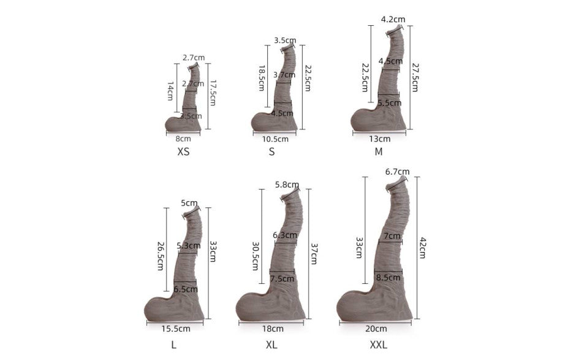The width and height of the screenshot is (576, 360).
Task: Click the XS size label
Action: (x=183, y=151)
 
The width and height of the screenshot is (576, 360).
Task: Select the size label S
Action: (x=272, y=151)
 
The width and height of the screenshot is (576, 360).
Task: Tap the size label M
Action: (x=379, y=151)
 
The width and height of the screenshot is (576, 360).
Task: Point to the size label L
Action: (x=174, y=345)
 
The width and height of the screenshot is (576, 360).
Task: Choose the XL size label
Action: (x=272, y=345)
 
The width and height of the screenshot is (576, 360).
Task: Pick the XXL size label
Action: (x=378, y=345)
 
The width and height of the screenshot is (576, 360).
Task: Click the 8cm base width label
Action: (x=183, y=139)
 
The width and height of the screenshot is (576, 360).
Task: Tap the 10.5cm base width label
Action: (x=275, y=139)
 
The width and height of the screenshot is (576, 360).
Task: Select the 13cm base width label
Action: (x=380, y=139)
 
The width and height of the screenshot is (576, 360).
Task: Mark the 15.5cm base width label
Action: (x=176, y=328)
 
